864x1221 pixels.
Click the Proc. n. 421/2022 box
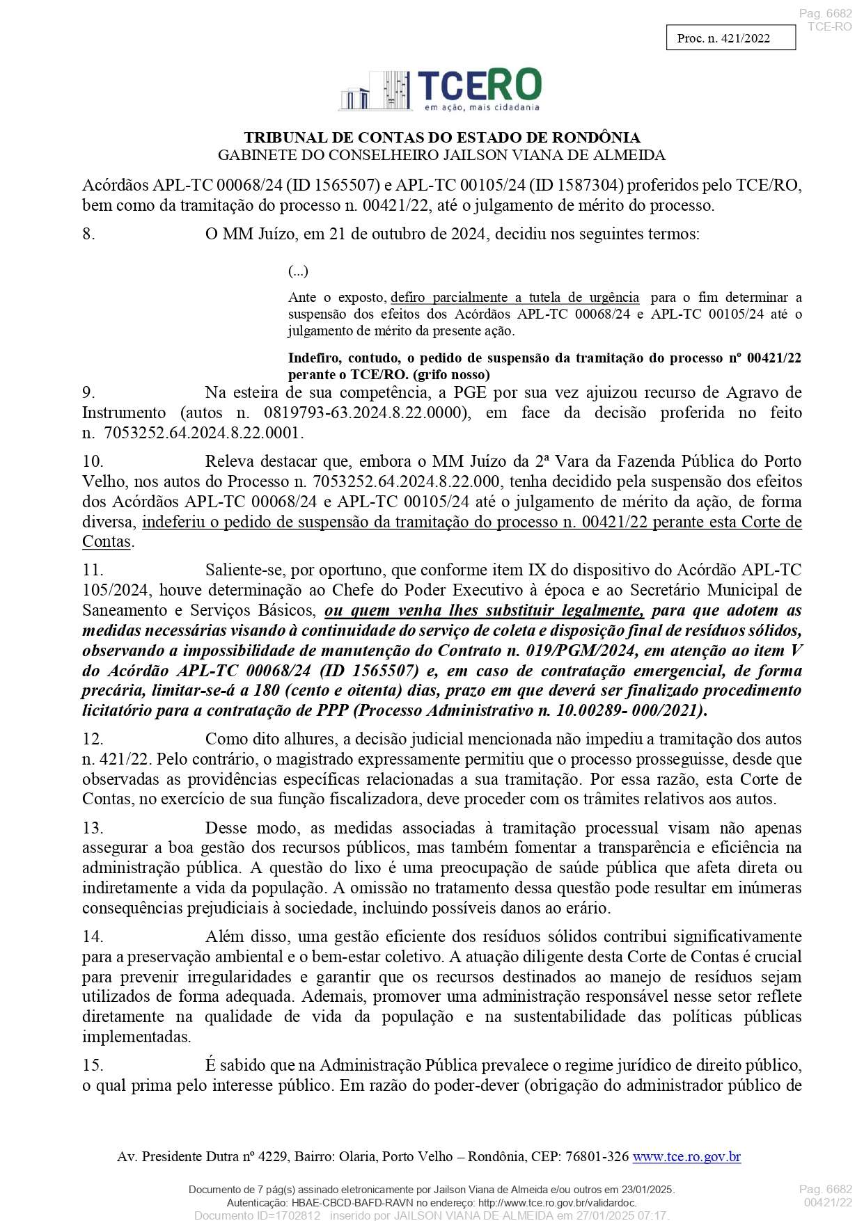pos(730,38)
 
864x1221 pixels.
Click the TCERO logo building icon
pos(375,91)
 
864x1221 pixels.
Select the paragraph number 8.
pos(88,234)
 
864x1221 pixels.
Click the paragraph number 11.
pos(93,570)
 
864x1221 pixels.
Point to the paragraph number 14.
pos(93,936)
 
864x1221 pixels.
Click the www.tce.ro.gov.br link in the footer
pos(686,1156)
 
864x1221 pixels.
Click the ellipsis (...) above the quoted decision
pos(298,271)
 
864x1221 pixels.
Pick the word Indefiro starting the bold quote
pos(314,358)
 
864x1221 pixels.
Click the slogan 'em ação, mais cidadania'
pos(482,107)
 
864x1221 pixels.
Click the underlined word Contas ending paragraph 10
pos(107,542)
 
